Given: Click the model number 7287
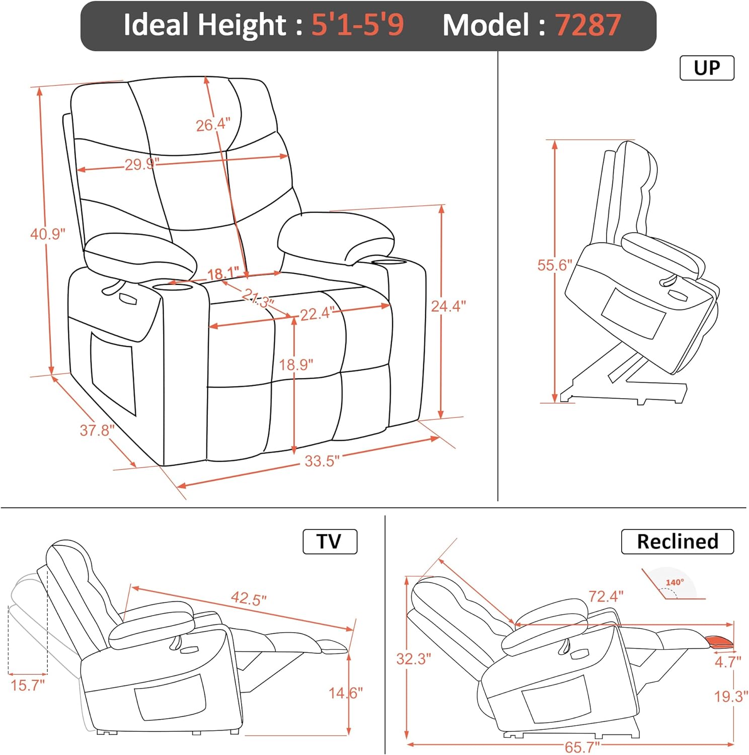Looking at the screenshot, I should pyautogui.click(x=588, y=25).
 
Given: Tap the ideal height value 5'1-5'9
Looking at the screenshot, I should pyautogui.click(x=357, y=25).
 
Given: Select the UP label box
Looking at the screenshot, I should pyautogui.click(x=707, y=68).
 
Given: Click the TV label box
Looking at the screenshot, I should pyautogui.click(x=330, y=542).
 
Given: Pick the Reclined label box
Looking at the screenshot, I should pyautogui.click(x=677, y=542).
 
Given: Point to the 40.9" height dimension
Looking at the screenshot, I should pyautogui.click(x=48, y=234).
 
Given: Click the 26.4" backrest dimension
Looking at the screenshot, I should pyautogui.click(x=213, y=124).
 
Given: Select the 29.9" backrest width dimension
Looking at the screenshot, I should pyautogui.click(x=142, y=164).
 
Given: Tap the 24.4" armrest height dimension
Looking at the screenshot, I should pyautogui.click(x=448, y=306).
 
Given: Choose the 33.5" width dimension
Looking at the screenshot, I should pyautogui.click(x=322, y=461).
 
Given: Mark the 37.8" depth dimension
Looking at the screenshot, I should pyautogui.click(x=97, y=430).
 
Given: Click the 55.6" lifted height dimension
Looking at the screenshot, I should pyautogui.click(x=555, y=265).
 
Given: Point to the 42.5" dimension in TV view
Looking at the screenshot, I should pyautogui.click(x=249, y=598).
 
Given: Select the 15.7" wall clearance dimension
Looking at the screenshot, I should pyautogui.click(x=28, y=685).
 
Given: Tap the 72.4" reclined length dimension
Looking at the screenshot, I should pyautogui.click(x=606, y=596).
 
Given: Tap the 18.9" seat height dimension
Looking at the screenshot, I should pyautogui.click(x=296, y=364).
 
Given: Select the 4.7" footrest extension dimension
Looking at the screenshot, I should pyautogui.click(x=728, y=661).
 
